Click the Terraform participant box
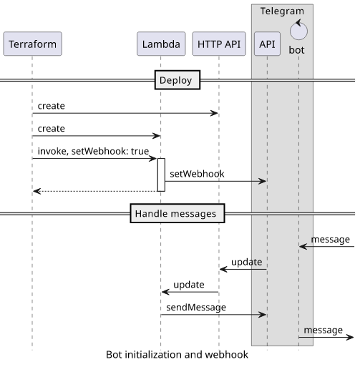(x=33, y=44)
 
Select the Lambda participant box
(x=161, y=44)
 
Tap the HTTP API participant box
(x=219, y=44)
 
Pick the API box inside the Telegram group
(x=267, y=44)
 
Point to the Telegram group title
(x=282, y=11)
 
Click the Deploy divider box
(x=177, y=80)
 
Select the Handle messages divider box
(x=177, y=213)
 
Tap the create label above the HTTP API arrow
(x=52, y=106)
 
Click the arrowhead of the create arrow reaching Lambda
(x=157, y=136)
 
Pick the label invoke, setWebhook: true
(x=93, y=151)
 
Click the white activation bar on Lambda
(x=161, y=175)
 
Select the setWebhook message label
(x=197, y=174)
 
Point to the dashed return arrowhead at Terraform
(x=37, y=191)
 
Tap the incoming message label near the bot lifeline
(x=331, y=240)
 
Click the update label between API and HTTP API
(x=247, y=262)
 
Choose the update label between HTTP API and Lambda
(x=189, y=285)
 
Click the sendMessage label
(x=196, y=308)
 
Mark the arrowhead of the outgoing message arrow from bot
(x=350, y=337)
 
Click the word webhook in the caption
(x=227, y=355)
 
